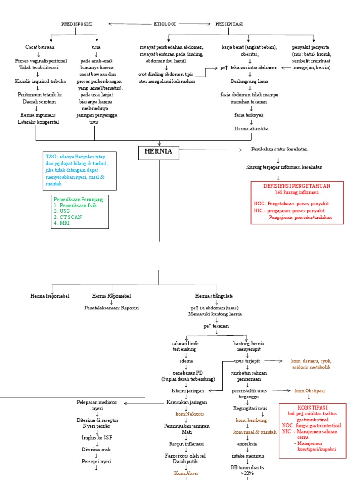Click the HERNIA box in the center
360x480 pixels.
tap(159, 152)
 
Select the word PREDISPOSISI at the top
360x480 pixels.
tap(77, 23)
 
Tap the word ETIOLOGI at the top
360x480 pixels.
tap(165, 23)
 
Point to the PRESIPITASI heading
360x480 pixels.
tap(229, 23)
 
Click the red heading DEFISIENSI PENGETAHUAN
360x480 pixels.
tap(297, 186)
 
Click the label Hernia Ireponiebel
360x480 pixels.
tap(50, 296)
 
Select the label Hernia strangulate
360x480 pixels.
tap(214, 296)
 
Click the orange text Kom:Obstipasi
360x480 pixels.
tap(312, 390)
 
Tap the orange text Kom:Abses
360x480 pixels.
tap(187, 473)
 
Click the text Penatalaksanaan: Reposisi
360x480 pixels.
tap(112, 308)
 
